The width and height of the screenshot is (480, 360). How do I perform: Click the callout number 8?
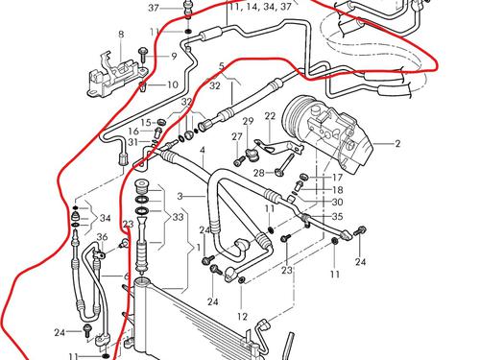tap(121, 35)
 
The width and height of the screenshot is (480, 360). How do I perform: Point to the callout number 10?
tap(173, 84)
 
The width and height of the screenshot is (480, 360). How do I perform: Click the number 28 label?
tap(257, 173)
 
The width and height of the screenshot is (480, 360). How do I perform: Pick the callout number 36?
tap(101, 237)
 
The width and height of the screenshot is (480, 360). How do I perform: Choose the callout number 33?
tap(179, 217)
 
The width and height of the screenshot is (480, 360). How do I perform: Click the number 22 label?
tap(270, 116)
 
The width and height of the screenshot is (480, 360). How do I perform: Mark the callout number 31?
tap(132, 143)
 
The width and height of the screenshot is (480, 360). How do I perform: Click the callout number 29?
tap(247, 122)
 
